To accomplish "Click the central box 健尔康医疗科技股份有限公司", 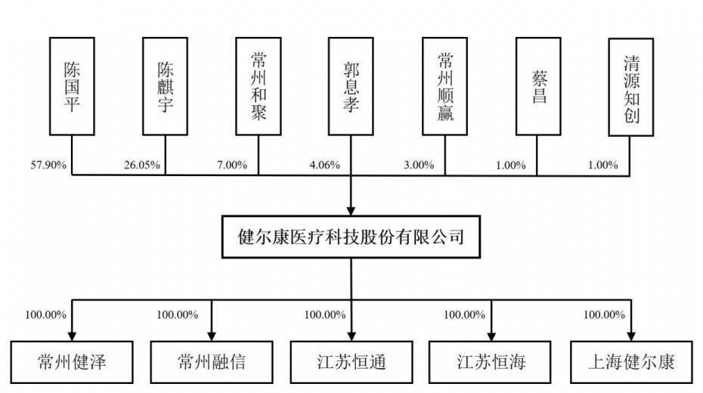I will click(351, 237).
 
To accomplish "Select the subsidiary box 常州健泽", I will click(72, 362).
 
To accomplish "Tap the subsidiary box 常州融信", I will click(211, 362).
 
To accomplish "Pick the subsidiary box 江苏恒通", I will click(351, 362).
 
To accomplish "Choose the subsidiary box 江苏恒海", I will click(491, 362).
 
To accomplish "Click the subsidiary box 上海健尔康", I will click(631, 362).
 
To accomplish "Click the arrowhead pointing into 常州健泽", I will click(72, 335).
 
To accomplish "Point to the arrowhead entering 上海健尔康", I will click(631, 335).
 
